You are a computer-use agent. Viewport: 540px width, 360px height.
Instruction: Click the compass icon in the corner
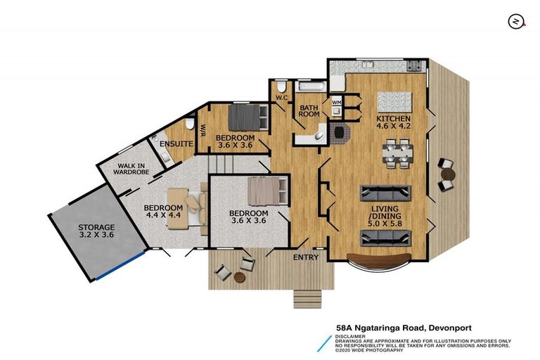coord(516,21)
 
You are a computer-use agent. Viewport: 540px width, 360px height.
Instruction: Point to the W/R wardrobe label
coord(202,129)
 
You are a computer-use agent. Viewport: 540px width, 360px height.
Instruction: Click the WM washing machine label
coord(336,103)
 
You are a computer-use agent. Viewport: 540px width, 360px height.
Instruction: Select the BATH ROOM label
coord(310,110)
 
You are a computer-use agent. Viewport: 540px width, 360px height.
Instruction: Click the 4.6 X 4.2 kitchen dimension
coord(392,128)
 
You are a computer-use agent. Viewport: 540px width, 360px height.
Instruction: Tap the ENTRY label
coord(307,257)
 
